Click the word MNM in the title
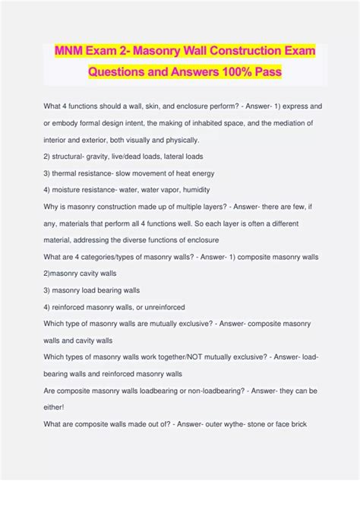(x=69, y=51)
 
